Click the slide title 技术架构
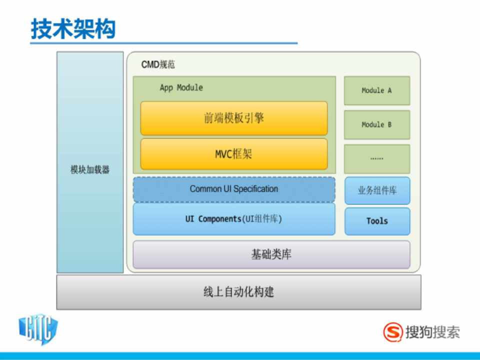click(x=73, y=29)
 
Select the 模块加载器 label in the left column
click(x=90, y=169)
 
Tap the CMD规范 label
click(x=158, y=64)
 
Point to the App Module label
click(x=181, y=87)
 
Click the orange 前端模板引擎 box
click(x=234, y=118)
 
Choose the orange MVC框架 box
click(x=234, y=154)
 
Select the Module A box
click(x=377, y=90)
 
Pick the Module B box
click(x=377, y=125)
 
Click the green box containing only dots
click(x=377, y=159)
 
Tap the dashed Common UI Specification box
click(x=234, y=189)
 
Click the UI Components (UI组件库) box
click(x=234, y=219)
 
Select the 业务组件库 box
click(x=377, y=190)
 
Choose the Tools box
click(x=377, y=221)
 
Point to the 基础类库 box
click(x=271, y=254)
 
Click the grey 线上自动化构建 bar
click(x=239, y=292)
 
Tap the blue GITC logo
click(x=38, y=329)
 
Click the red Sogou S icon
click(x=393, y=332)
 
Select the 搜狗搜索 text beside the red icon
click(x=432, y=332)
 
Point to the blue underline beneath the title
click(x=164, y=43)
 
